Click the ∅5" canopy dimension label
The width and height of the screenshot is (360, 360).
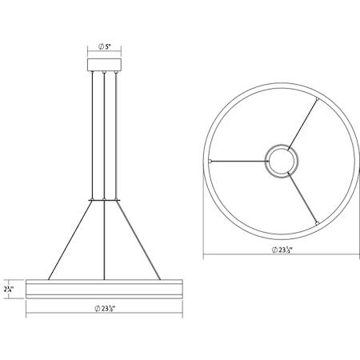(105, 46)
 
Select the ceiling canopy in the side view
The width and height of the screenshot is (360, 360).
(104, 65)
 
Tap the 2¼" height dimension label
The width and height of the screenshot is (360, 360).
(9, 288)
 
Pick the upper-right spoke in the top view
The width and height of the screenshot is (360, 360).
(302, 125)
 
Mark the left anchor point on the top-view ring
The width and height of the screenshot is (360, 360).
(210, 160)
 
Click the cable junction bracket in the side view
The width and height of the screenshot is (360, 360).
(104, 199)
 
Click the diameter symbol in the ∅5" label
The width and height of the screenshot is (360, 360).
(99, 46)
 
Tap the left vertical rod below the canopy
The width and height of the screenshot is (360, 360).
(91, 136)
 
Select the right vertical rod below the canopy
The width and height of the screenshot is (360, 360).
(117, 136)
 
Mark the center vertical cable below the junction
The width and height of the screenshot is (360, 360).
(104, 240)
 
